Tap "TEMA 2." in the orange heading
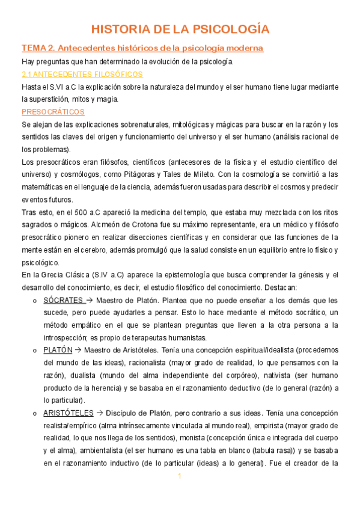point(38,48)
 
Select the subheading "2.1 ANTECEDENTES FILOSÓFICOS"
point(82,74)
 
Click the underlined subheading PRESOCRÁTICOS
point(53,112)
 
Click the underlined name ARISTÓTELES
point(68,413)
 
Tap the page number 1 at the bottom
point(179,477)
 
